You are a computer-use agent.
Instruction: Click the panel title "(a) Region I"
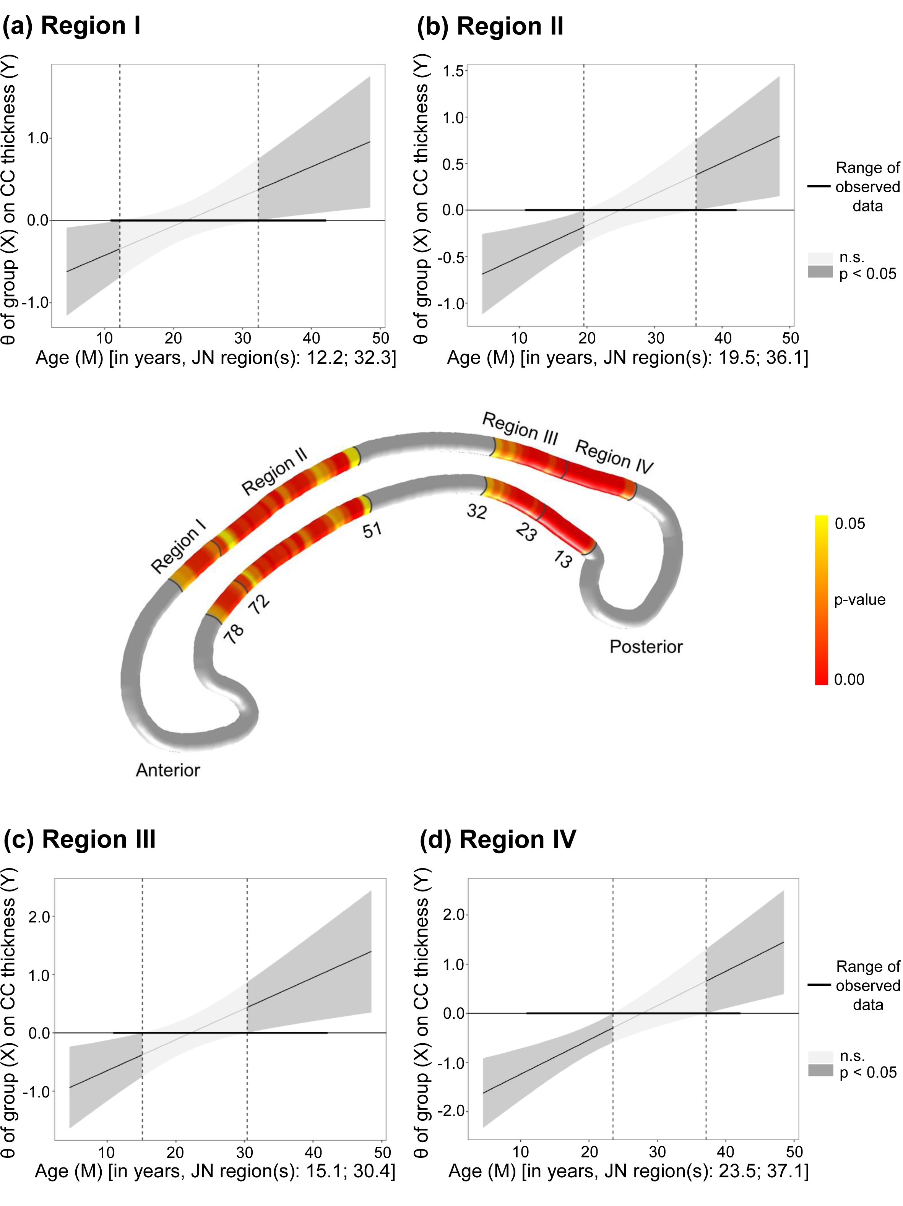point(71,26)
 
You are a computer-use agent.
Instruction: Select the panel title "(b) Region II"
point(490,26)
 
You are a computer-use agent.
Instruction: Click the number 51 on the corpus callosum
point(372,529)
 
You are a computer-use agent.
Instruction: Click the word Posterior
point(646,647)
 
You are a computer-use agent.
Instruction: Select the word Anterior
point(167,770)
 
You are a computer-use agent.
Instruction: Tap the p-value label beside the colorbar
point(859,600)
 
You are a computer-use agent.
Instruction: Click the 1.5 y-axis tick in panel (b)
point(453,71)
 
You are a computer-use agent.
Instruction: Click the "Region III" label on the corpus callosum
point(520,429)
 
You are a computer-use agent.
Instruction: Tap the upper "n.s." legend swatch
point(820,258)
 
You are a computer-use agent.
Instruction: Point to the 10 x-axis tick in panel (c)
point(106,1152)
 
